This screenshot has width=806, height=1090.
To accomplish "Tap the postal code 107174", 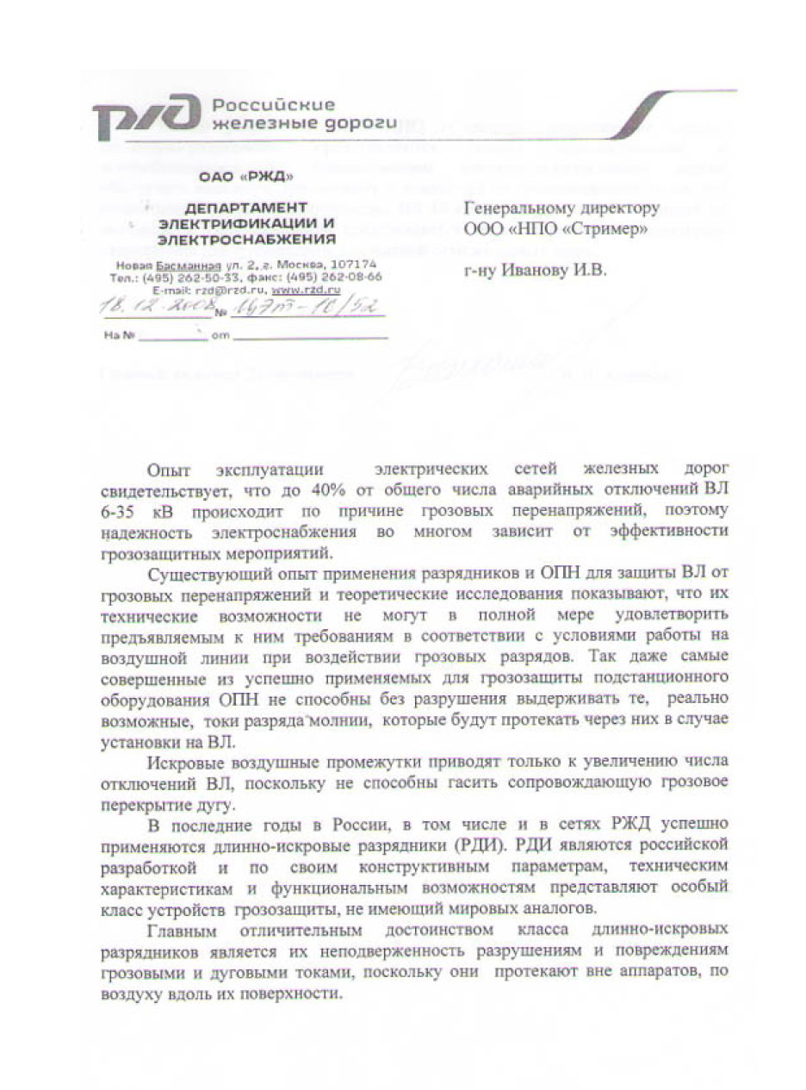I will point(352,264).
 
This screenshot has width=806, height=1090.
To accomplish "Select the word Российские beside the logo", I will point(273,105).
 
